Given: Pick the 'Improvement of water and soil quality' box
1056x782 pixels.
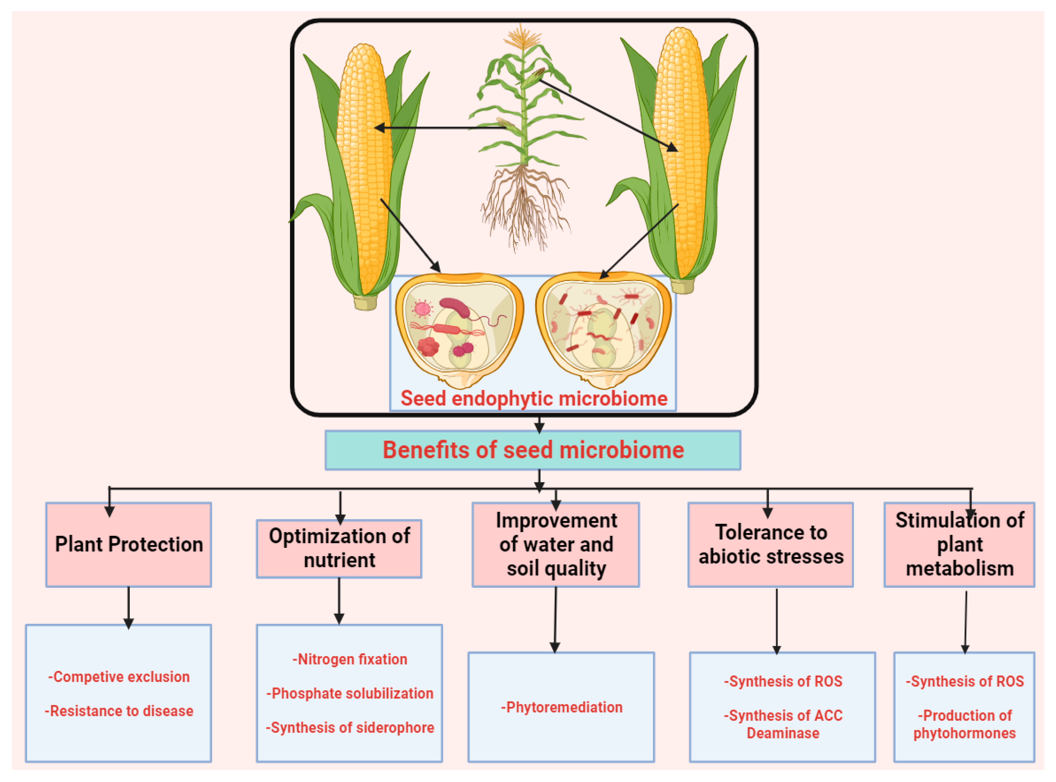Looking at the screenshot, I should [x=556, y=544].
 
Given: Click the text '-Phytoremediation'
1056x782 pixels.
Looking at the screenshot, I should [x=561, y=707].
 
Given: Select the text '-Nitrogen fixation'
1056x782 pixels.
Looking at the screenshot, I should [x=349, y=659].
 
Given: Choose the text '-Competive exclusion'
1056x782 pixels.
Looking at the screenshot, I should [x=118, y=677].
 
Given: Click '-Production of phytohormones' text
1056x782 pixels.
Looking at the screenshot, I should [x=964, y=724].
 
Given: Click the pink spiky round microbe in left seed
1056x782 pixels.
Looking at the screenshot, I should [x=422, y=309].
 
